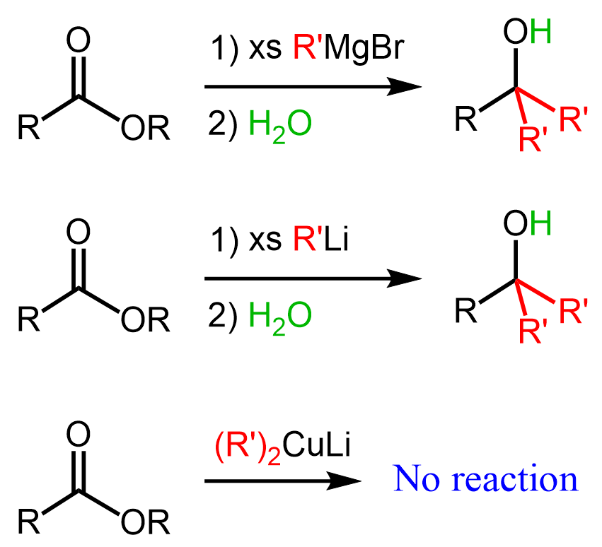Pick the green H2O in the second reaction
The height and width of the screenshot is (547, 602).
[280, 315]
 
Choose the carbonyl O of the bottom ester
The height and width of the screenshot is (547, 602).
[79, 433]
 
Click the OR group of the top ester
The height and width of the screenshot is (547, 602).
[145, 130]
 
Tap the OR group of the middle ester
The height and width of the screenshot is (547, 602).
[145, 322]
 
